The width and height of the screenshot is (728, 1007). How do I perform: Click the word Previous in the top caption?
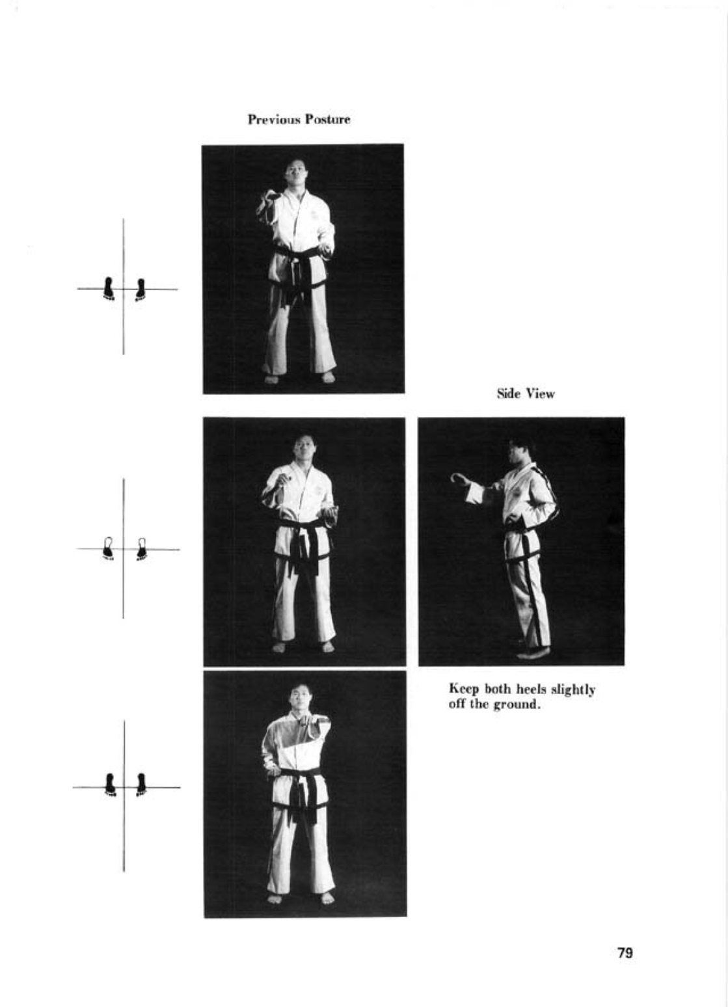tap(275, 120)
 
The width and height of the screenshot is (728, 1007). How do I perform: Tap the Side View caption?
tap(525, 394)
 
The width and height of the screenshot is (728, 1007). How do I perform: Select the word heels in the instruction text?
tap(532, 689)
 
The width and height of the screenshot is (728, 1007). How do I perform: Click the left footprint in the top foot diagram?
tap(109, 288)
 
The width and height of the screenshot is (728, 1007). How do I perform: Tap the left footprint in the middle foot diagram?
tap(107, 548)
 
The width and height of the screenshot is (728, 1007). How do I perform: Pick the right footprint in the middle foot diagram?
tap(142, 549)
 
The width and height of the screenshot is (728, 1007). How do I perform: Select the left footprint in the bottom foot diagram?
tap(109, 785)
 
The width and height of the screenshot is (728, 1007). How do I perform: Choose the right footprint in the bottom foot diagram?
tap(141, 785)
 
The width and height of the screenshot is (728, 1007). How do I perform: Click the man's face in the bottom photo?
tap(299, 699)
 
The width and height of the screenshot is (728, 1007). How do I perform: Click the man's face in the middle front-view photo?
tap(303, 448)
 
